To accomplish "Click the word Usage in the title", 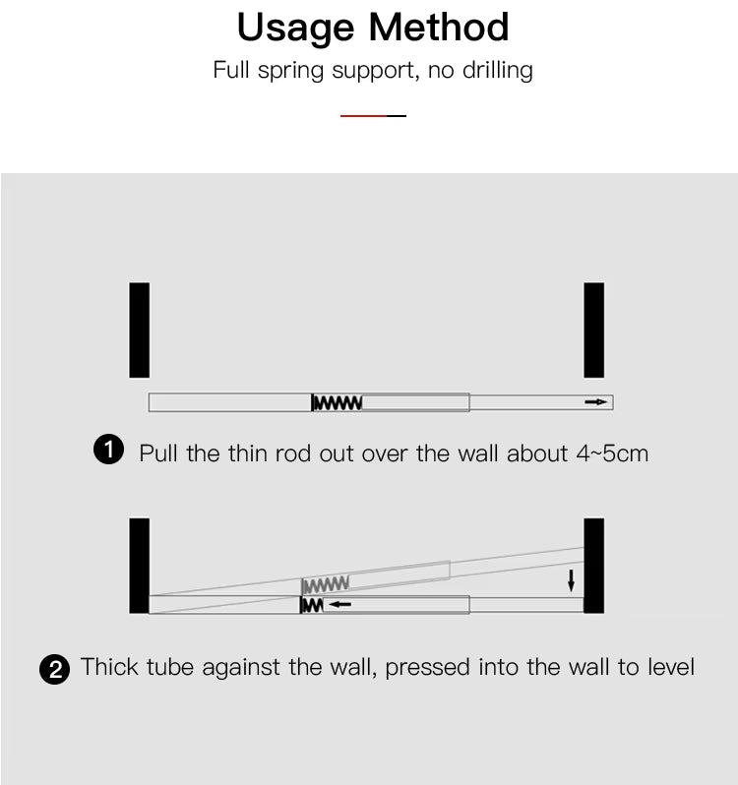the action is (x=295, y=29).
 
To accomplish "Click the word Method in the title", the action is (x=439, y=27).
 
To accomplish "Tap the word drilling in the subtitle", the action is (x=497, y=70).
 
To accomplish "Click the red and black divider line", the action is (x=373, y=116).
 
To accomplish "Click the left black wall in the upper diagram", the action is (x=139, y=330).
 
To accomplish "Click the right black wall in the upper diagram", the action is (x=593, y=330).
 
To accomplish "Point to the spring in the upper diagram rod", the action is (x=337, y=402).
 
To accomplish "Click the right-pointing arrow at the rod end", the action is (x=595, y=402).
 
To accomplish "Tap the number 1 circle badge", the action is (x=108, y=450).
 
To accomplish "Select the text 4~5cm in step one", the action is (x=612, y=453).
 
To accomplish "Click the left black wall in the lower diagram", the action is (x=139, y=566).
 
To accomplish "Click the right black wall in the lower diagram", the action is (x=593, y=566).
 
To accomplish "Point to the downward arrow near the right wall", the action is (x=571, y=580).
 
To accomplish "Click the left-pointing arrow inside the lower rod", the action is (x=339, y=604).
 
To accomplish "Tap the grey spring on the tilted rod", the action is (x=326, y=584).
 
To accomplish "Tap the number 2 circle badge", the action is (x=54, y=669).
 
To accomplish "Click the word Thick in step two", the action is (x=109, y=667).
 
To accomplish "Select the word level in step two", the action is (x=671, y=667).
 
